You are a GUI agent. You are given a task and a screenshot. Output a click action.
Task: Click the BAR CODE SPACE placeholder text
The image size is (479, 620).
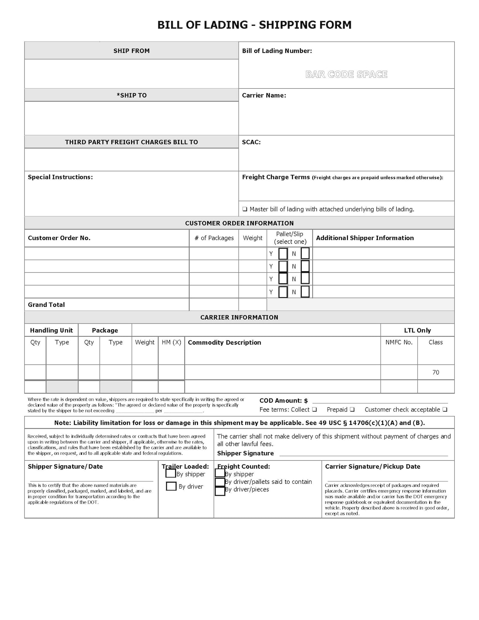[x=346, y=74]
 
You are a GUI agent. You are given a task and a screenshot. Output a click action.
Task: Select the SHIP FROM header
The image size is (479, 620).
[x=131, y=51]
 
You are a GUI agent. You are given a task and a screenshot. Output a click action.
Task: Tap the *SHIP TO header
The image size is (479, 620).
[x=131, y=95]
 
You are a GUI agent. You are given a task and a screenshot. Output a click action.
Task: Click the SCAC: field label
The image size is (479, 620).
[x=251, y=142]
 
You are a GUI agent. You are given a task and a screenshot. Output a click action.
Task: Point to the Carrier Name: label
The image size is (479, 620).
[x=264, y=95]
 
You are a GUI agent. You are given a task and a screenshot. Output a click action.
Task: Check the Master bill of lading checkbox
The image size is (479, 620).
[x=245, y=209]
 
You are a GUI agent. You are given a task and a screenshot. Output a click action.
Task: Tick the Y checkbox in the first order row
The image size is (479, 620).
[x=283, y=253]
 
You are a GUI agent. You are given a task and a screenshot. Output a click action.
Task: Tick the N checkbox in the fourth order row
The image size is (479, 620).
[x=305, y=292]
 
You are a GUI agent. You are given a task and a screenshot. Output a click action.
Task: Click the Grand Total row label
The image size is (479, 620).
[x=46, y=305]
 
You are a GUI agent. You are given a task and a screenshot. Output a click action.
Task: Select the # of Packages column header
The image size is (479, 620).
[x=214, y=238]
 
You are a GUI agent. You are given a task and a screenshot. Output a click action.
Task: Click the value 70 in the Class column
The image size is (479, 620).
[x=436, y=372]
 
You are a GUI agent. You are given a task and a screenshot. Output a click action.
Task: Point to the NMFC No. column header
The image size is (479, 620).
[x=399, y=342]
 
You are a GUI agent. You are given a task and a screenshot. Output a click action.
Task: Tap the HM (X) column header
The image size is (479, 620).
[x=171, y=342]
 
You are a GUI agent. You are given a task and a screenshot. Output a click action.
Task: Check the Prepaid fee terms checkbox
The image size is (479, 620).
[x=352, y=409]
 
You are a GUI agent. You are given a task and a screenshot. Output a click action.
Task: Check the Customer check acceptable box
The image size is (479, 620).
[x=445, y=409]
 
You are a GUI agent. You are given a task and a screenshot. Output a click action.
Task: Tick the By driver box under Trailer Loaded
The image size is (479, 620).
[x=171, y=486]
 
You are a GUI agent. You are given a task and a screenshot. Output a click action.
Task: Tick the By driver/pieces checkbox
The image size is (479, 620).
[x=220, y=491]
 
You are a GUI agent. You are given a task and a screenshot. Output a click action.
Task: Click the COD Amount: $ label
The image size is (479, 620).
[x=284, y=401]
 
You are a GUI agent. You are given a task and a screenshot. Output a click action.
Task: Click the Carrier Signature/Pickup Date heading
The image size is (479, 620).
[x=372, y=467]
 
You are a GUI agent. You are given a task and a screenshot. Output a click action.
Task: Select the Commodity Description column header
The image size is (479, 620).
[x=224, y=343]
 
